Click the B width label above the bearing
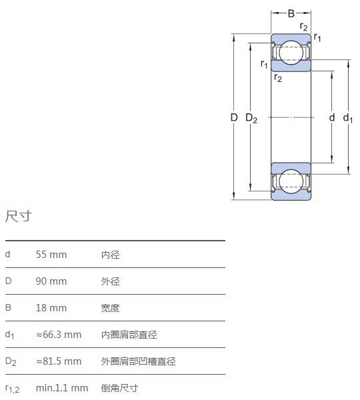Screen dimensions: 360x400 [291, 13]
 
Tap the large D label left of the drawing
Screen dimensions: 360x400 [234, 117]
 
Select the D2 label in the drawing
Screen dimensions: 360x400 [251, 119]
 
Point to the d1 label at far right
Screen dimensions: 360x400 [348, 118]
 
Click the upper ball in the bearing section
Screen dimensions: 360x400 [291, 53]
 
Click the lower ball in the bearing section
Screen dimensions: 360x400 [291, 181]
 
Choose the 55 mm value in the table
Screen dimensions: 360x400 [51, 255]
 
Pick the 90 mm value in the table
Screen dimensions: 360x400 [51, 281]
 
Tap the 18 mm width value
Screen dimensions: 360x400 [51, 308]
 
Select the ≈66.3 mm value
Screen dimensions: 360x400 [59, 335]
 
